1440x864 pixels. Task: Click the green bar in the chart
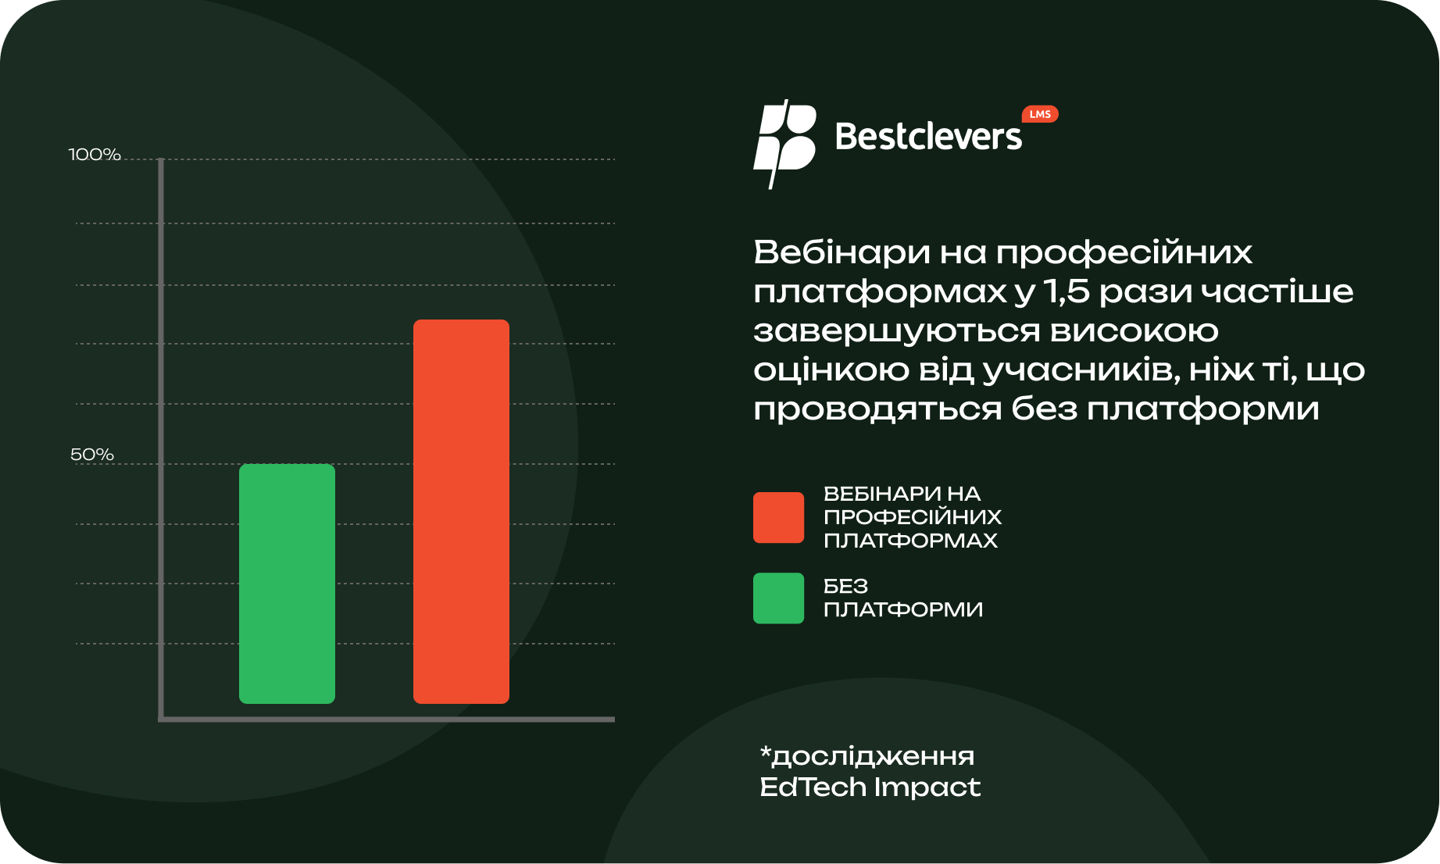(287, 584)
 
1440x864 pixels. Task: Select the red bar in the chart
(461, 512)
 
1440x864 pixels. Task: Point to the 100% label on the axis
(95, 155)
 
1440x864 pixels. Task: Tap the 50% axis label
(92, 455)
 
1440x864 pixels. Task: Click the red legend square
(778, 517)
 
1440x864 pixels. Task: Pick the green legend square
(778, 598)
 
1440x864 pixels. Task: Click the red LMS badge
(1040, 114)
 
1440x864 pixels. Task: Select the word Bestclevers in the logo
(928, 137)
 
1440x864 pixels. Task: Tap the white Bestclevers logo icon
(784, 144)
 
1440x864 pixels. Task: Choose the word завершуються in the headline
(897, 331)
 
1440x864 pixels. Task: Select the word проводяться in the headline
(877, 409)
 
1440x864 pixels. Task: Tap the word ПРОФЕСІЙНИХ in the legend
(913, 517)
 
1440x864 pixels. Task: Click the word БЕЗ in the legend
(846, 587)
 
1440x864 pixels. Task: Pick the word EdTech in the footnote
(813, 787)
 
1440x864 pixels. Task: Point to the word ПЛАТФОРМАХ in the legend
(911, 541)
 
